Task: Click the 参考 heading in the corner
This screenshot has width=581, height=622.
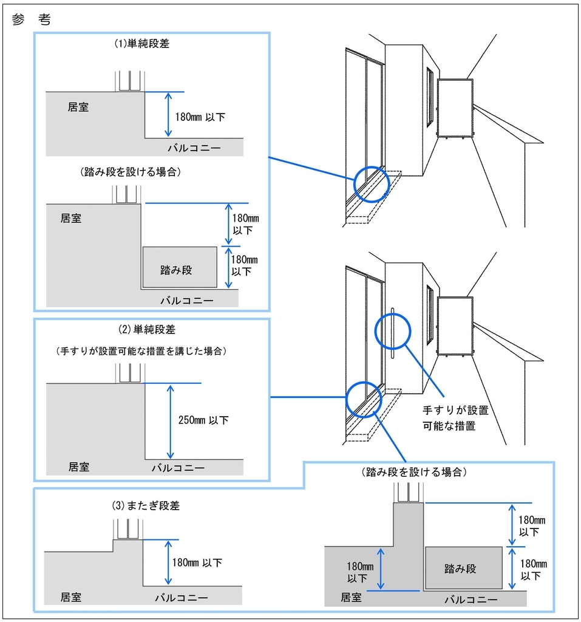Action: point(31,19)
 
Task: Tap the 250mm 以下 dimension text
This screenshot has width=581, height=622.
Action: point(204,420)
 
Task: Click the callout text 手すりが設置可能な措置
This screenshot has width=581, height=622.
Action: point(455,419)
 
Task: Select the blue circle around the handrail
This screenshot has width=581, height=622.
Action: point(393,332)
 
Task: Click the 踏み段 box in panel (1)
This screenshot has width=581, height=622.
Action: point(179,267)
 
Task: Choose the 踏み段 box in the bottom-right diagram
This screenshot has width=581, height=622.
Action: point(463,568)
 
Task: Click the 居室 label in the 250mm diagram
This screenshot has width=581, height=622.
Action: point(78,466)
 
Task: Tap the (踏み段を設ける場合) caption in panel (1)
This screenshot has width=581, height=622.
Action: point(131,172)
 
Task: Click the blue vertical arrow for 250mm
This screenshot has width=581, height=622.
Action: point(171,421)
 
